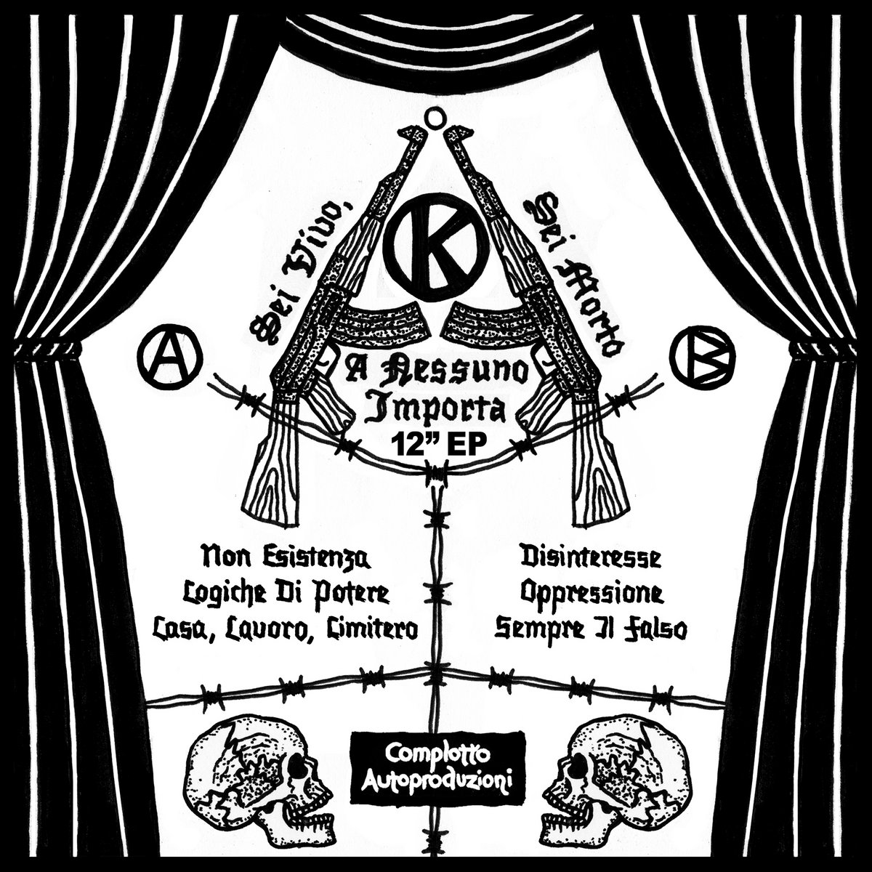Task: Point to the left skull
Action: tap(261, 763)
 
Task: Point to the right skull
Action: tap(611, 763)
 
